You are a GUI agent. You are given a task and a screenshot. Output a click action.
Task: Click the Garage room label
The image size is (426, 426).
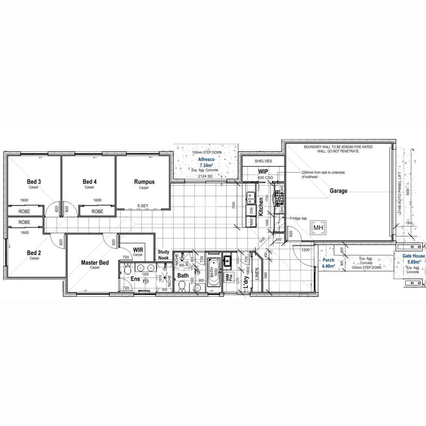338,191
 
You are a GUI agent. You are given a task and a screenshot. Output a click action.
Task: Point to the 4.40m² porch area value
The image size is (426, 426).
328,267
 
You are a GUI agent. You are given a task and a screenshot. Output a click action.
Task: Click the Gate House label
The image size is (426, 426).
413,256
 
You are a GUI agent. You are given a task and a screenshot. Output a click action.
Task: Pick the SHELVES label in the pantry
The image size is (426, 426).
263,161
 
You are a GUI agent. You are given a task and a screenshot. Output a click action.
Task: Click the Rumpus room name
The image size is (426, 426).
144,182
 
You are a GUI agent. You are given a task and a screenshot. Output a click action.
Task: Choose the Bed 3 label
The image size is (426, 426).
34,181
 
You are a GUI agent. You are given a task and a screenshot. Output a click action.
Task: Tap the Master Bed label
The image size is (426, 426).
95,262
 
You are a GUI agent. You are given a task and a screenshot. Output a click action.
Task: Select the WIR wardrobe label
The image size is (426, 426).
138,250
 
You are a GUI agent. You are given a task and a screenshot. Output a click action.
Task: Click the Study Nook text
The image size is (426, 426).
163,254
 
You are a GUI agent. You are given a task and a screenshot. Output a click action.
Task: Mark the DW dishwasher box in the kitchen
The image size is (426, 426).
251,211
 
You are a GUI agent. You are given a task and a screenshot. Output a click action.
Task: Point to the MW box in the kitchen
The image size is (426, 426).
251,222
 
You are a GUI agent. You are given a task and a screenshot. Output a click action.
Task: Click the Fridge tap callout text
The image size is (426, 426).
298,218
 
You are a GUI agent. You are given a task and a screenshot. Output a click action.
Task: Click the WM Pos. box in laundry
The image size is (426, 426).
228,278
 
